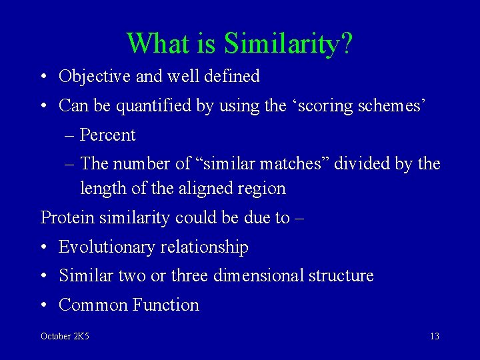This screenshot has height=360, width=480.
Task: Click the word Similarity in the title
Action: [x=282, y=44]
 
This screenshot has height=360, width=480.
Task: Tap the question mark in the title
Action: [x=347, y=44]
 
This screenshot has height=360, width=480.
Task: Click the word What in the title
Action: [x=157, y=44]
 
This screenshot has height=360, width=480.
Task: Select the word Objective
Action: [x=95, y=77]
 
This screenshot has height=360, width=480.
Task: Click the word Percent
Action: [x=107, y=135]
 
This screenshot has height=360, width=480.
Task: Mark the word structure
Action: [x=341, y=276]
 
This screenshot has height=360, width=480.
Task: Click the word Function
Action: [x=166, y=305]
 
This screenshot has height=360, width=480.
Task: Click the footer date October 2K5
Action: [x=65, y=337]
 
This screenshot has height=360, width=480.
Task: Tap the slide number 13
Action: [x=434, y=337]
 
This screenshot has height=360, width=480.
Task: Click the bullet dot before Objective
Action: [x=43, y=77]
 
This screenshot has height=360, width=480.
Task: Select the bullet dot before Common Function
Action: [x=43, y=306]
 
